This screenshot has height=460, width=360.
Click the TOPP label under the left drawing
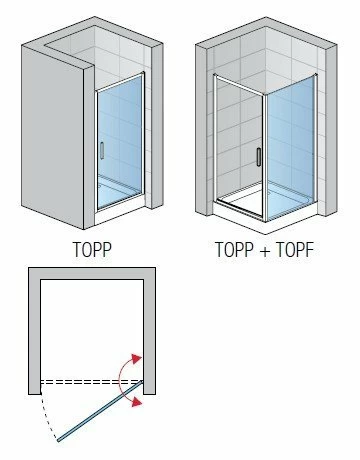(x=92, y=250)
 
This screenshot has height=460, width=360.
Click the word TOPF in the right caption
(x=295, y=250)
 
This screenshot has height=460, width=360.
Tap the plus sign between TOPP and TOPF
(x=265, y=251)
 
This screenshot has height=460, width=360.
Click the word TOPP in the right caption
(x=235, y=250)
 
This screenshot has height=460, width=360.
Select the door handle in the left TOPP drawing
(x=102, y=151)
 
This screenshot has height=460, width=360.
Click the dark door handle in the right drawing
(x=259, y=157)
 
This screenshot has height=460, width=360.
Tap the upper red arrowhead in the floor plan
(x=136, y=359)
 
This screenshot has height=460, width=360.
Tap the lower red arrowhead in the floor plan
(x=136, y=402)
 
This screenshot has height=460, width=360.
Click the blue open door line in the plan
(x=100, y=411)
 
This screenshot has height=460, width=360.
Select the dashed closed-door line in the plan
(x=92, y=382)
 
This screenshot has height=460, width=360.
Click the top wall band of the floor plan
(x=92, y=273)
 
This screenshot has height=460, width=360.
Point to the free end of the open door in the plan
(x=58, y=441)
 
